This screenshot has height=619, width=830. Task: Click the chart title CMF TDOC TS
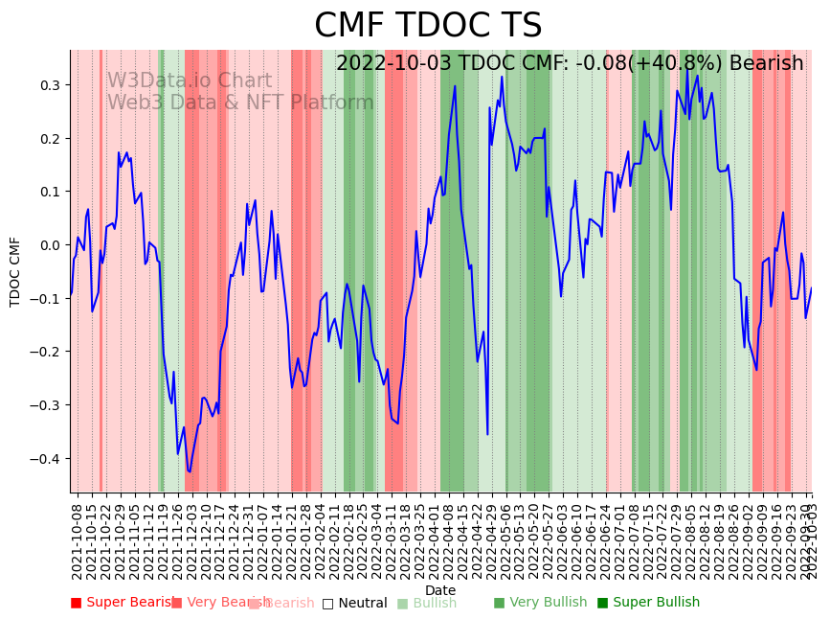[x=428, y=26]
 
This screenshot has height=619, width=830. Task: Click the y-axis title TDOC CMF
[x=15, y=271]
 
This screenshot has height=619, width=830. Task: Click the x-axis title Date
[x=440, y=590]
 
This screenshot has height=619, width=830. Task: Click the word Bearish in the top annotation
[x=766, y=64]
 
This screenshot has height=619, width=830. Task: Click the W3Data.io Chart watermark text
[x=189, y=81]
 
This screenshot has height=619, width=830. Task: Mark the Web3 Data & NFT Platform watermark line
[x=239, y=103]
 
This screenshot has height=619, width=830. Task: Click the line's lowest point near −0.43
[x=190, y=471]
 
